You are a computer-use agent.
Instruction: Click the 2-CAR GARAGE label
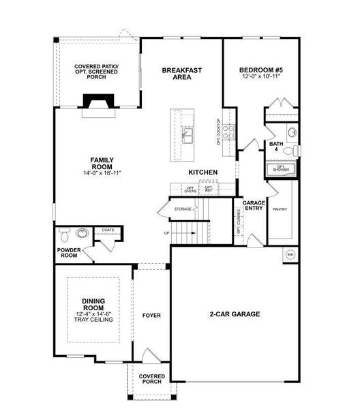[x=235, y=314]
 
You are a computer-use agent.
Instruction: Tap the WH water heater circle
[x=289, y=255]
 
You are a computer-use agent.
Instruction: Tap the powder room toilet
[x=64, y=234]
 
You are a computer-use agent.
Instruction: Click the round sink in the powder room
[x=83, y=234]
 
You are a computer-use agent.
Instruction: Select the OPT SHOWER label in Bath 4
[x=280, y=168]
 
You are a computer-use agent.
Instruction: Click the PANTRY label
[x=280, y=210]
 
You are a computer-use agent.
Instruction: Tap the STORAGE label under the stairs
[x=183, y=209]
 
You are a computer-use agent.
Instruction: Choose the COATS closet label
[x=108, y=230]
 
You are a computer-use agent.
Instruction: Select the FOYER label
[x=151, y=316]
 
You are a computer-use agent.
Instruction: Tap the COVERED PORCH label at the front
[x=151, y=378]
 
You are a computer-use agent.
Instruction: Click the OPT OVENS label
[x=191, y=189]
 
